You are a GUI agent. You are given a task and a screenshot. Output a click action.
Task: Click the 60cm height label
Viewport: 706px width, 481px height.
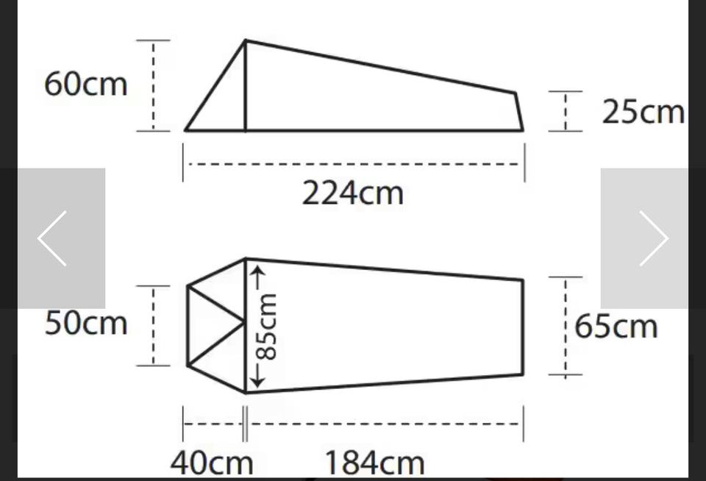(85, 84)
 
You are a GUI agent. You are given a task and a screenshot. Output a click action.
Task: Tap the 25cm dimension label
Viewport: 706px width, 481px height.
(643, 111)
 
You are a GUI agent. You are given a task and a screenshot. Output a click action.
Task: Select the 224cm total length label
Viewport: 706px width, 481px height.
(352, 193)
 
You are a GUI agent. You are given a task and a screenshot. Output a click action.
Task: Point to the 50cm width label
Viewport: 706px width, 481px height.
(85, 323)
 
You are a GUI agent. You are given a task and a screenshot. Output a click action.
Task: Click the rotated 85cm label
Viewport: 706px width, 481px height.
(265, 327)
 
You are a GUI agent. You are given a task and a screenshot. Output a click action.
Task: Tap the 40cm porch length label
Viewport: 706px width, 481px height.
(212, 463)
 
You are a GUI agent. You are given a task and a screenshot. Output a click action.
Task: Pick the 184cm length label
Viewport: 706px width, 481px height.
(374, 463)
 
